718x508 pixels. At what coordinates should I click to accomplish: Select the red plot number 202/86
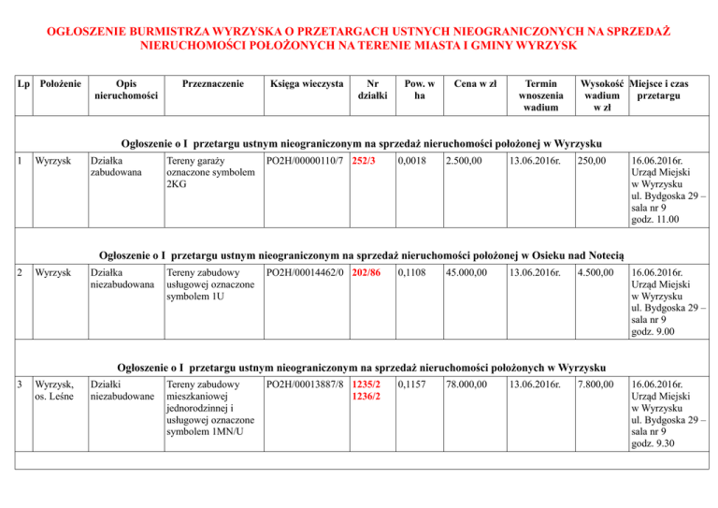pyautogui.click(x=367, y=273)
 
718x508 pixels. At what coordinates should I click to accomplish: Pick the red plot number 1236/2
pyautogui.click(x=367, y=398)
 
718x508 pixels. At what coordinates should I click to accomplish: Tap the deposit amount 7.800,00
pyautogui.click(x=596, y=385)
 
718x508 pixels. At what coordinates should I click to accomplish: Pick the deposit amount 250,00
pyautogui.click(x=591, y=164)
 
